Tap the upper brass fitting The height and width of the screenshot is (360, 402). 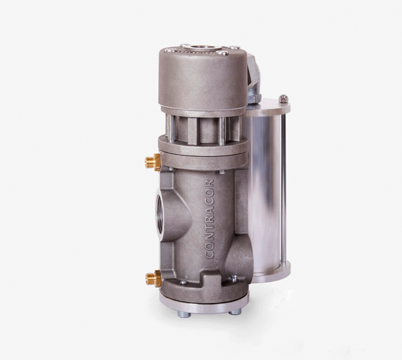point(153,162)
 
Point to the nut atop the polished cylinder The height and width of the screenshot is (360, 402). point(283,99)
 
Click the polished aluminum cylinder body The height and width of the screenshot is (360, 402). point(267,188)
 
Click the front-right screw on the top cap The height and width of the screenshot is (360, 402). point(222,54)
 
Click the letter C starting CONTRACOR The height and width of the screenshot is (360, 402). point(209,254)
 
